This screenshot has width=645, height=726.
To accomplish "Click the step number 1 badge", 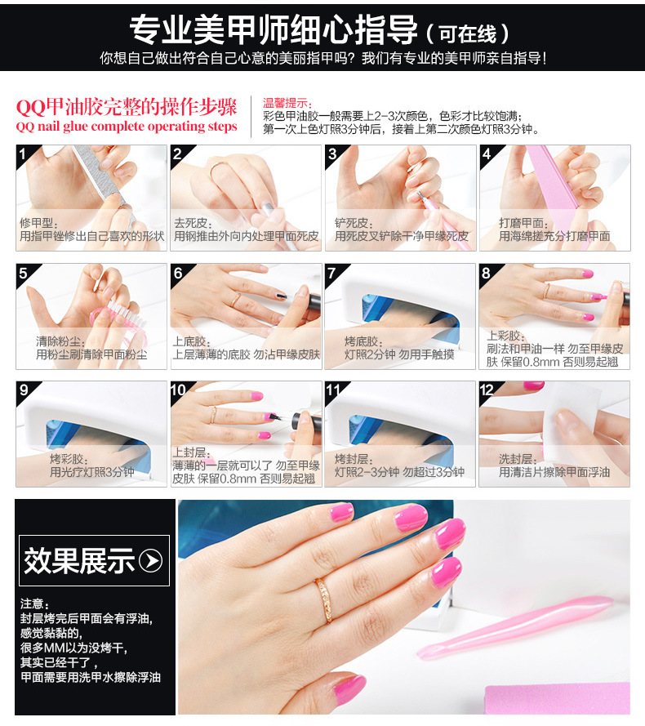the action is click(23, 154).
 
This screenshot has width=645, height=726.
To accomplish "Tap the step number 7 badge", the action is click(332, 272).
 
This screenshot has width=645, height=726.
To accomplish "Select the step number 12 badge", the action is click(487, 390).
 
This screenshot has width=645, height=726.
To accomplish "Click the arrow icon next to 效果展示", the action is click(151, 561).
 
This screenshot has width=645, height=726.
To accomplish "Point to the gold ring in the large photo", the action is click(323, 600).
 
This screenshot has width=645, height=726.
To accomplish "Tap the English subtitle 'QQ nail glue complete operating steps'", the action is click(127, 127).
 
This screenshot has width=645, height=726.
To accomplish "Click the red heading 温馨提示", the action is click(287, 103).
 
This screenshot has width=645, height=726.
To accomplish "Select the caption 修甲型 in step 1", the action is click(38, 223).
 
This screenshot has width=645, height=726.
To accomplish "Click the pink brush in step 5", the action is click(119, 316).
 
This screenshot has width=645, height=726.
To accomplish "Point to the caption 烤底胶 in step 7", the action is click(363, 341).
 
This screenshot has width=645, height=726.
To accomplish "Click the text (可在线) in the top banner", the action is click(468, 33).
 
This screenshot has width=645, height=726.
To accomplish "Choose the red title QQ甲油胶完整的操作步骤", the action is click(127, 107).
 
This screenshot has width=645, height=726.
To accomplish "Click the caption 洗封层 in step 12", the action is click(518, 459).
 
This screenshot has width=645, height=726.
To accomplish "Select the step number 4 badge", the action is click(487, 154).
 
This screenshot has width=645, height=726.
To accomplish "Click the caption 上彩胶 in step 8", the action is click(505, 336).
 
